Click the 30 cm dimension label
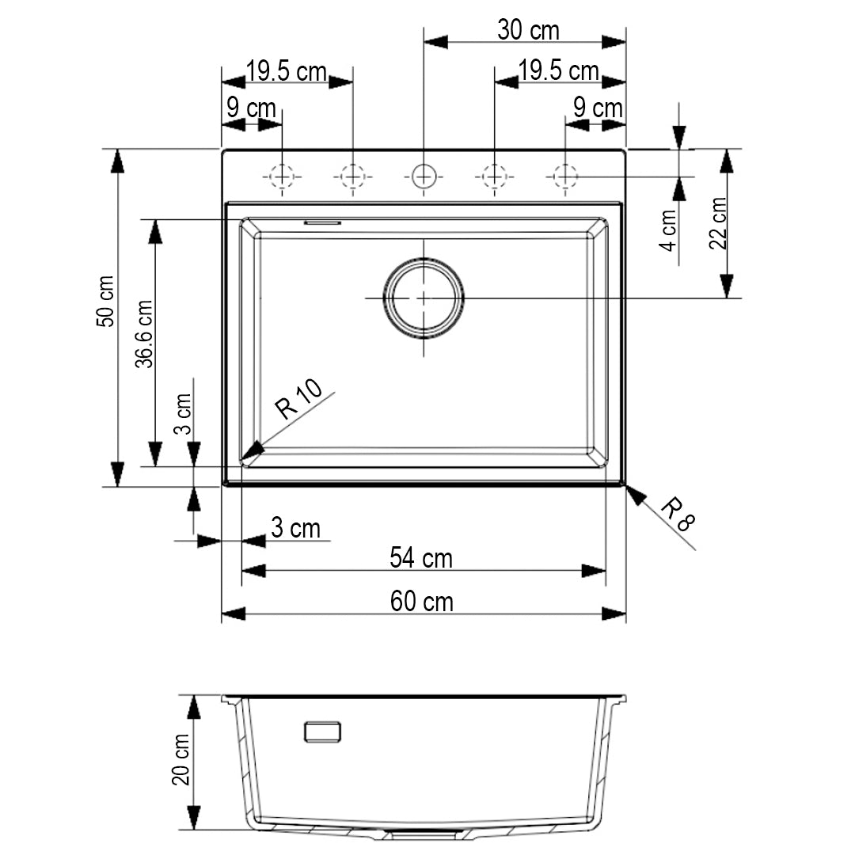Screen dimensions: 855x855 point(528,31)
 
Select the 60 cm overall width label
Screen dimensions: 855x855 point(422,602)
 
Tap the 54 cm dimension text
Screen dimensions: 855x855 point(421,558)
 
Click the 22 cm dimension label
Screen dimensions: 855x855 point(718,223)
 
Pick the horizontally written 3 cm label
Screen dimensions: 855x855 point(295,528)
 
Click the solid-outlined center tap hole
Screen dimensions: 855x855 point(424,175)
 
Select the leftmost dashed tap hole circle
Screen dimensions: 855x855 point(282,175)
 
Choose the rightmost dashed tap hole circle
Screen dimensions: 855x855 point(564,175)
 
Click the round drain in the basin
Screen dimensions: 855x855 point(424,298)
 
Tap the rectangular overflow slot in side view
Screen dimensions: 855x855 point(323,731)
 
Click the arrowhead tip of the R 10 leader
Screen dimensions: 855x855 point(245,458)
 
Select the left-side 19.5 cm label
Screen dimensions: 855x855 point(286,72)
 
